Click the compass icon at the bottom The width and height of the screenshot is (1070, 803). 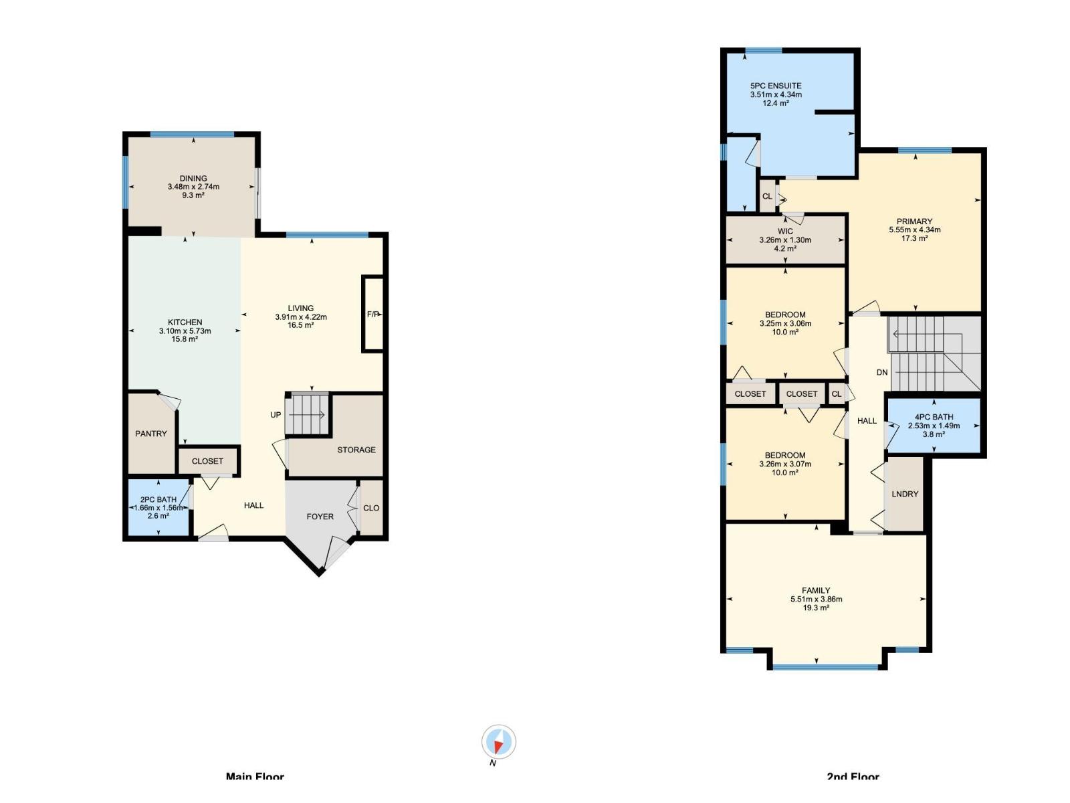tap(498, 742)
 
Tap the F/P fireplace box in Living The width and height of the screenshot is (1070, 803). tap(373, 314)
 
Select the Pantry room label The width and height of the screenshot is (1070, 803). tap(151, 434)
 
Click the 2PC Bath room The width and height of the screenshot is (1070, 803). tap(158, 507)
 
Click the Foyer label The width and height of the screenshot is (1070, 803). tap(320, 517)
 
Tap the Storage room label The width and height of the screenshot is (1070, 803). tap(356, 450)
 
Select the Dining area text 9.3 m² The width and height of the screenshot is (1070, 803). tap(193, 195)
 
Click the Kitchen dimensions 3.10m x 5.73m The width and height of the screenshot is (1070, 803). tap(185, 331)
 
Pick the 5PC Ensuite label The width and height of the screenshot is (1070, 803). tap(776, 86)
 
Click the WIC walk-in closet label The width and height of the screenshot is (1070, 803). tap(785, 232)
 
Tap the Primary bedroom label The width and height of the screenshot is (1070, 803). tap(914, 221)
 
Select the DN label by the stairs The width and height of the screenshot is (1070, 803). tap(882, 372)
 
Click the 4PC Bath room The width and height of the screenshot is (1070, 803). tap(934, 425)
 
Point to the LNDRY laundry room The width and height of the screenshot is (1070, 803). tap(905, 494)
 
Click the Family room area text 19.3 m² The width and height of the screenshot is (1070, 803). tap(816, 608)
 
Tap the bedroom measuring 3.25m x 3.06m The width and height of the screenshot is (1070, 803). tap(785, 323)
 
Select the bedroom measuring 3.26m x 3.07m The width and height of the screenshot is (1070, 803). tap(785, 464)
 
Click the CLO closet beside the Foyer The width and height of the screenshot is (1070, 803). tap(371, 508)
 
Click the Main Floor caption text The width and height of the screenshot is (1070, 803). tap(255, 776)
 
